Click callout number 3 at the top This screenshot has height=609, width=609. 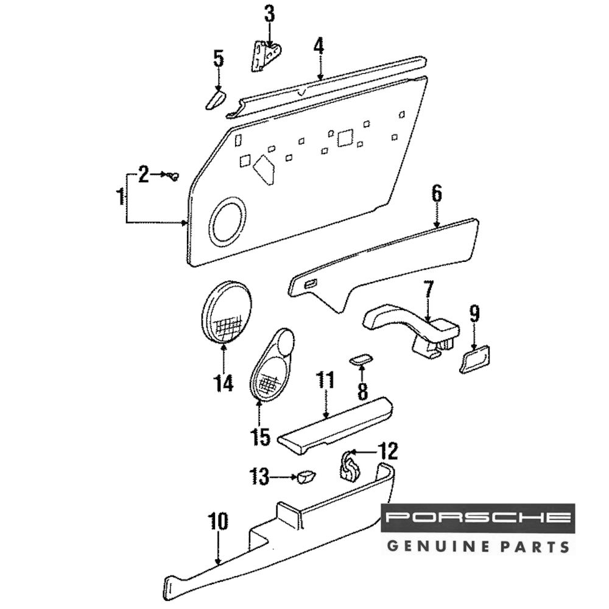coord(269,13)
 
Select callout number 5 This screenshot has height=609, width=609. coord(219,59)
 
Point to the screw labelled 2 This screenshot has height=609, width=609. coord(175,177)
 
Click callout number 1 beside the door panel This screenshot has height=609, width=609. coord(121,197)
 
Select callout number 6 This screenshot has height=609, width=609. coord(437,194)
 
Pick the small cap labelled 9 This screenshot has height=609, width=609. coord(476,359)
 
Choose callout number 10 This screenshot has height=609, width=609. coord(217,521)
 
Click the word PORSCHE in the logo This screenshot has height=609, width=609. coord(478,518)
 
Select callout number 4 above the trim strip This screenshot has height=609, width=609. coord(319,46)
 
